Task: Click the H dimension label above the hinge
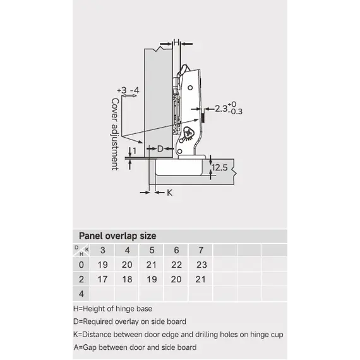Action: click(176, 42)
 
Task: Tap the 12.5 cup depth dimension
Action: click(220, 167)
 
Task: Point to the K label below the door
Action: click(170, 193)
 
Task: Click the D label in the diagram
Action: click(160, 149)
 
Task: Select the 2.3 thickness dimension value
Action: click(221, 109)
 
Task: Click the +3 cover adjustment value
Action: click(122, 90)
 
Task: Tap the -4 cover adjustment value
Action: click(135, 90)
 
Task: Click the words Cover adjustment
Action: click(115, 135)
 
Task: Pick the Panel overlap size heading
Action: click(117, 236)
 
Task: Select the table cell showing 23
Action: click(202, 265)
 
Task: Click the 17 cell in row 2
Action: click(102, 279)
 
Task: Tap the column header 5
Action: click(152, 250)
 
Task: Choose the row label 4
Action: click(81, 294)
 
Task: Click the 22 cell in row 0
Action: click(177, 265)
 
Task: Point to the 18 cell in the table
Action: click(127, 279)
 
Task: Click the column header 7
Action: click(201, 250)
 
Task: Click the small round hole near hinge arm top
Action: click(190, 88)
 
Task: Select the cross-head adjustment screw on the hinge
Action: click(188, 133)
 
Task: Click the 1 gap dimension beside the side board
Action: click(135, 151)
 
